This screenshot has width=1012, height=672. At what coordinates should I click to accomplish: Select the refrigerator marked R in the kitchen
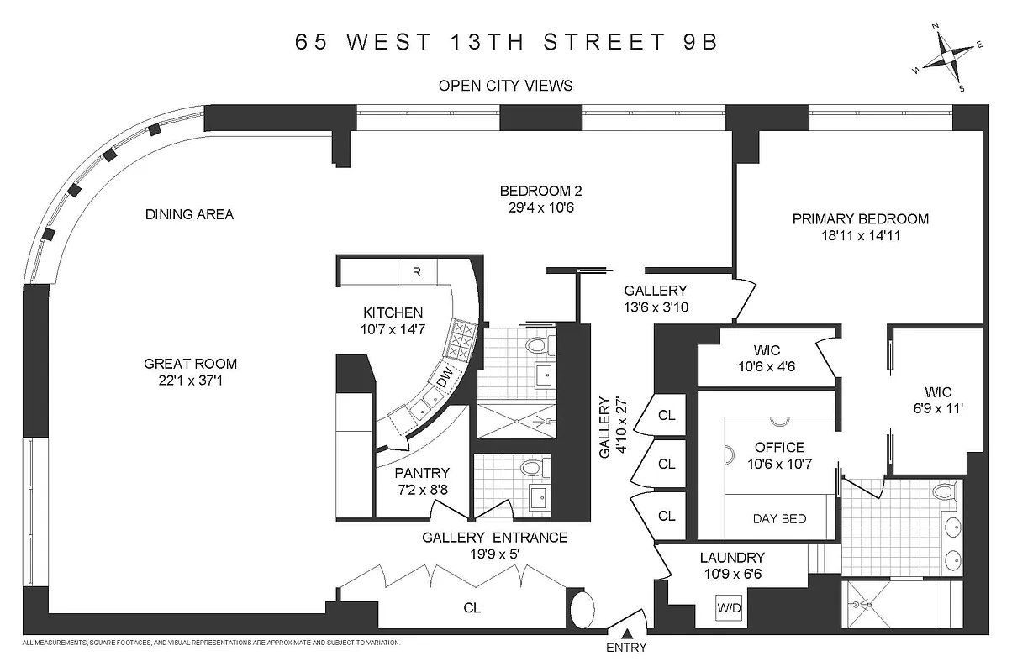click(416, 271)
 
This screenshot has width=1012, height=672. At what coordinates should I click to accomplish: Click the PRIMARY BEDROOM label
click(861, 219)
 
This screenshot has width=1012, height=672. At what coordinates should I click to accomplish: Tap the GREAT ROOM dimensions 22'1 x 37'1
click(190, 381)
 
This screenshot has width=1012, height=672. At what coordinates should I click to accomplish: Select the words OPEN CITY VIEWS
click(506, 85)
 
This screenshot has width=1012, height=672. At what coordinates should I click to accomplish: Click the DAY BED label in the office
click(779, 518)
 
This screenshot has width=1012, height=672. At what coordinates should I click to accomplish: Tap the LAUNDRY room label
click(732, 557)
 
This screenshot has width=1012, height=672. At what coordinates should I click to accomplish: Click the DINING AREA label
click(189, 214)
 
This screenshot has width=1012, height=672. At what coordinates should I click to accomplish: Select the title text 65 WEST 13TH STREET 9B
click(506, 42)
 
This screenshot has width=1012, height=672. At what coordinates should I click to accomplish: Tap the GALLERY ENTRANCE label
click(494, 538)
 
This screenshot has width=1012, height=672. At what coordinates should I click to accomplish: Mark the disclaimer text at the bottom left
click(210, 643)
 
